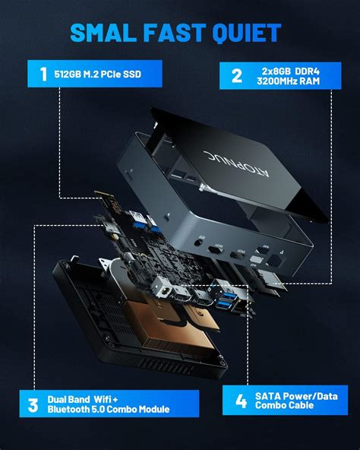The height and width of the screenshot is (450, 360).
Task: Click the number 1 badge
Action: click(43, 74)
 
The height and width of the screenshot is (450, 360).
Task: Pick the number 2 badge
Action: click(236, 74)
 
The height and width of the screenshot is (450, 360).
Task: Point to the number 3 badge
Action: click(33, 404)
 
